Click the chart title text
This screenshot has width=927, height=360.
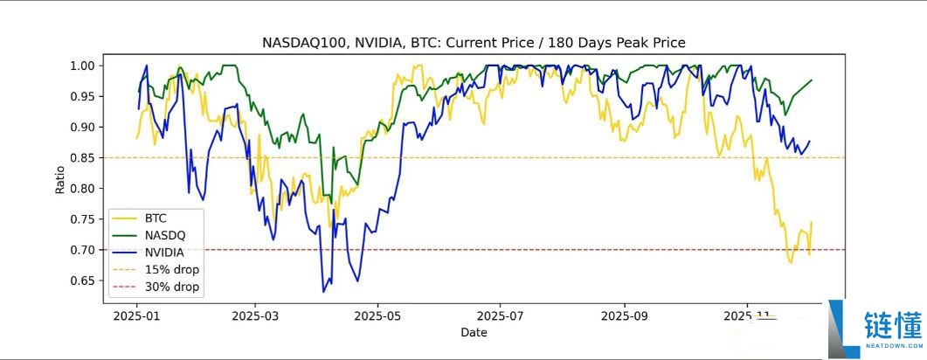coord(474,42)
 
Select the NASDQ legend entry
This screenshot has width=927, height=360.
coord(165,235)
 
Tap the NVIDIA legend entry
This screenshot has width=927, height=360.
coord(165,253)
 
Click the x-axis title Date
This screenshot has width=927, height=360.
coord(474,332)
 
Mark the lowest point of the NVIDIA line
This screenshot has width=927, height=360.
coord(323,291)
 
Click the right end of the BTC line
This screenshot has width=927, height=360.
coord(812,222)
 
